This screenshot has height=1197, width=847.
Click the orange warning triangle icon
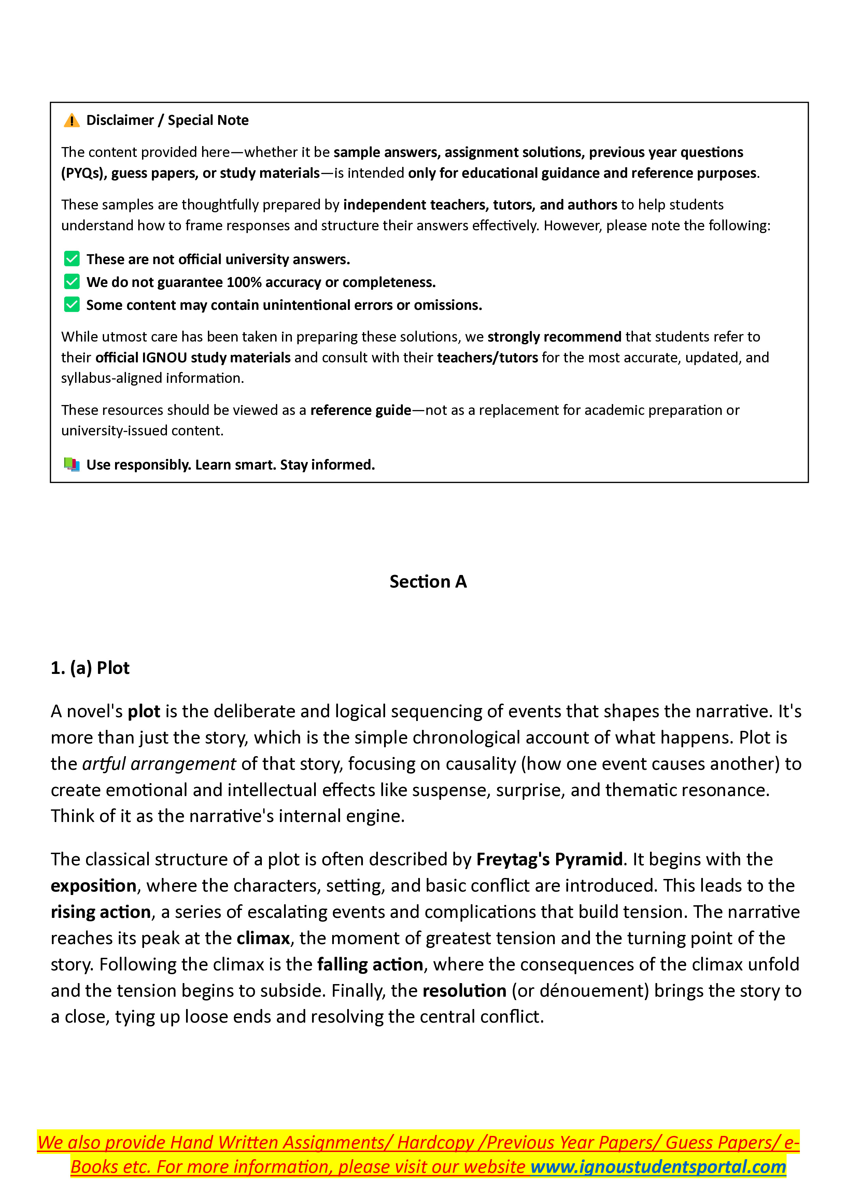click(x=71, y=120)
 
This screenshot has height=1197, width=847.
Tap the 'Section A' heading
click(x=428, y=581)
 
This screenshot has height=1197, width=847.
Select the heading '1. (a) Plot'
click(x=90, y=668)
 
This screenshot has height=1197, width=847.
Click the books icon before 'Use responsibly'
click(x=71, y=464)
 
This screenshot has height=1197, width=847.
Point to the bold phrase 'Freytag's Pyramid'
click(x=549, y=859)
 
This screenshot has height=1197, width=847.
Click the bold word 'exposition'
click(x=93, y=886)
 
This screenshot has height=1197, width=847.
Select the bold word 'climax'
click(x=263, y=938)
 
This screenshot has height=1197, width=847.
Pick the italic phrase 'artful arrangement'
click(x=159, y=764)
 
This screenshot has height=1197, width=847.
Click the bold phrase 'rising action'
click(x=101, y=912)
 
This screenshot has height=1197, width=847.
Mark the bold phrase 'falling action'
click(x=370, y=965)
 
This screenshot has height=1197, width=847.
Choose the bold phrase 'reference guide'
click(x=361, y=410)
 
